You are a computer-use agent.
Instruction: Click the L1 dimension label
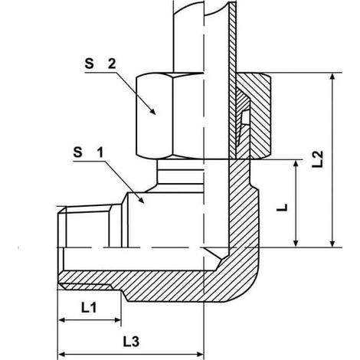pyautogui.click(x=89, y=308)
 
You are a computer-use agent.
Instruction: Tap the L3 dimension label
pyautogui.click(x=131, y=342)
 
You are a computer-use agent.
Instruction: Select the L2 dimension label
pyautogui.click(x=318, y=159)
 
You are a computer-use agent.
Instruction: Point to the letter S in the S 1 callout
pyautogui.click(x=78, y=152)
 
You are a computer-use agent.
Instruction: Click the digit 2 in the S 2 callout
pyautogui.click(x=112, y=64)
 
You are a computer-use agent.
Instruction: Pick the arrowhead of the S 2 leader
pyautogui.click(x=152, y=111)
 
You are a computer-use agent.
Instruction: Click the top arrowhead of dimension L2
pyautogui.click(x=332, y=77)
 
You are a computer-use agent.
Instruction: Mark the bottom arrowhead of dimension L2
pyautogui.click(x=332, y=243)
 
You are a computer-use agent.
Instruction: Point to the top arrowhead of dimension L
pyautogui.click(x=296, y=165)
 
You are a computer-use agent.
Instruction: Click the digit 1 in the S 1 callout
pyautogui.click(x=100, y=152)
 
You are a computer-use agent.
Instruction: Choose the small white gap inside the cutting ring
pyautogui.click(x=245, y=118)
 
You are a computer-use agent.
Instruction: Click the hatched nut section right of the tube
pyautogui.click(x=259, y=115)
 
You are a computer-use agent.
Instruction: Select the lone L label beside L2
pyautogui.click(x=282, y=208)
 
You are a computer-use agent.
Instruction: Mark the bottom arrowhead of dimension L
pyautogui.click(x=296, y=243)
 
